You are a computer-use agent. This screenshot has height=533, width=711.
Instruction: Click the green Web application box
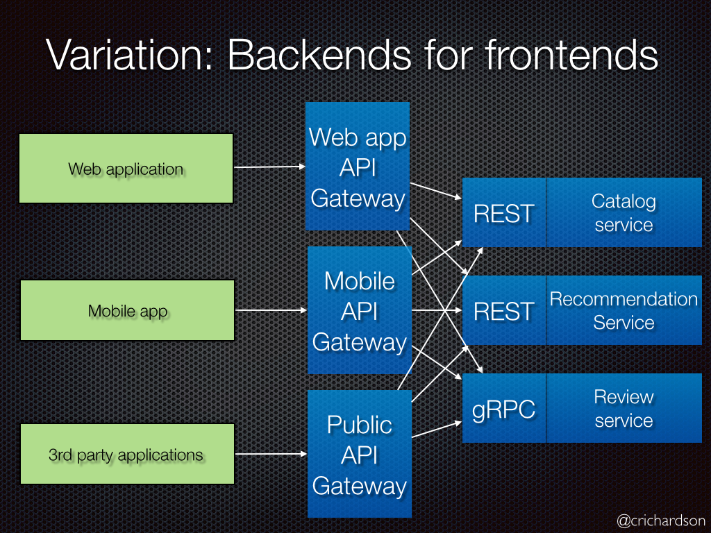[126, 169]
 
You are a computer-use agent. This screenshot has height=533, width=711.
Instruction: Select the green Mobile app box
[127, 310]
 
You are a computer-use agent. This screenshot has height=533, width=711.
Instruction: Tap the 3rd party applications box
[126, 455]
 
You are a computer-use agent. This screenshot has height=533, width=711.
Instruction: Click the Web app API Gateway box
[358, 167]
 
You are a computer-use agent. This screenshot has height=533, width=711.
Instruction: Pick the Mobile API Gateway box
[359, 311]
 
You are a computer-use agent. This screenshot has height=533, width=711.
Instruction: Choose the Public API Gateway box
[359, 455]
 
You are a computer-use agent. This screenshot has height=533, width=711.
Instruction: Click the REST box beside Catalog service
[503, 212]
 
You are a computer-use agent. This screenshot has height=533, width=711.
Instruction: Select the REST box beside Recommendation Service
[503, 310]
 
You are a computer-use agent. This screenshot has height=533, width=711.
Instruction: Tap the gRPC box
[503, 408]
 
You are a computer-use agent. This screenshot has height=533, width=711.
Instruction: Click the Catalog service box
[624, 212]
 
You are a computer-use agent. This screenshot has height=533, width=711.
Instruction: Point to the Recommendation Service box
[624, 310]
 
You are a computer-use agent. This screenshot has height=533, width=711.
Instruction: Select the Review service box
[624, 408]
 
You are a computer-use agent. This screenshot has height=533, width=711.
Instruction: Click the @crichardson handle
[660, 520]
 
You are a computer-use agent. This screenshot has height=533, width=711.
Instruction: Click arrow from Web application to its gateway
[269, 167]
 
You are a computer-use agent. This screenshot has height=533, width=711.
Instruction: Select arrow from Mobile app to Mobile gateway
[271, 310]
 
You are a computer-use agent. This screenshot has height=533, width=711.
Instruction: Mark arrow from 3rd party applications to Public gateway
[271, 455]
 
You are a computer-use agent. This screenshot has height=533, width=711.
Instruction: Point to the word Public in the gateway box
[359, 425]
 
